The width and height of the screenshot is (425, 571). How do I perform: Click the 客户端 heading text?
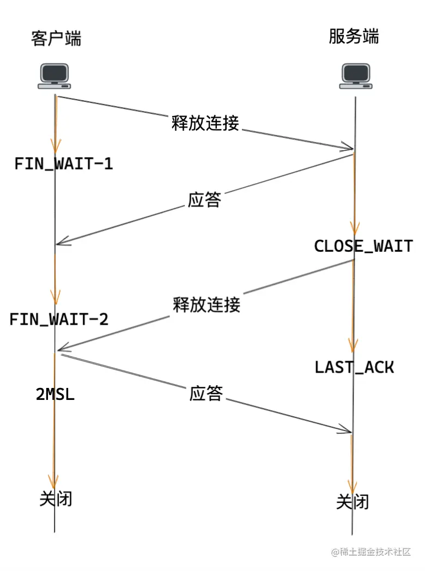tap(56, 39)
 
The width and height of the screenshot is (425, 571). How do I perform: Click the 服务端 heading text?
tap(354, 37)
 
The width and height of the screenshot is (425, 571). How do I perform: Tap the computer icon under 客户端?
tap(54, 76)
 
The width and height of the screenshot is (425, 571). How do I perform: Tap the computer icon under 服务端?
tap(356, 76)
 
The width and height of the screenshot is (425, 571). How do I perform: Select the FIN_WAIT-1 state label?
tap(63, 164)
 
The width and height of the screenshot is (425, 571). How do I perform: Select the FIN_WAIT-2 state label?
tap(59, 319)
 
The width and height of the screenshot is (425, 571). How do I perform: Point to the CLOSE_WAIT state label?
tap(363, 246)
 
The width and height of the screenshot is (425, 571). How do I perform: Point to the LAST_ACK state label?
tap(354, 367)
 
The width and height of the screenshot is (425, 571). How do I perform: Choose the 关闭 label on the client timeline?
tap(56, 499)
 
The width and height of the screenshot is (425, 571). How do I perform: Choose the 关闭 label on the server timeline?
tap(353, 501)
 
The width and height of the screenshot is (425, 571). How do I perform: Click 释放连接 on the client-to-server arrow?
tap(205, 123)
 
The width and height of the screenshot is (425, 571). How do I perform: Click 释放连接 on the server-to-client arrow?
tap(207, 304)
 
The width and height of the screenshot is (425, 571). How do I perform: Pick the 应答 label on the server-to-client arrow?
tap(205, 200)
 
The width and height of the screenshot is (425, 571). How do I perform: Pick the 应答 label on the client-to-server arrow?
tap(207, 393)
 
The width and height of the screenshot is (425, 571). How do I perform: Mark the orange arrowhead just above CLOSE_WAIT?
tap(355, 229)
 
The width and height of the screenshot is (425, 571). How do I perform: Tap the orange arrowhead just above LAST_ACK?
tap(353, 345)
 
